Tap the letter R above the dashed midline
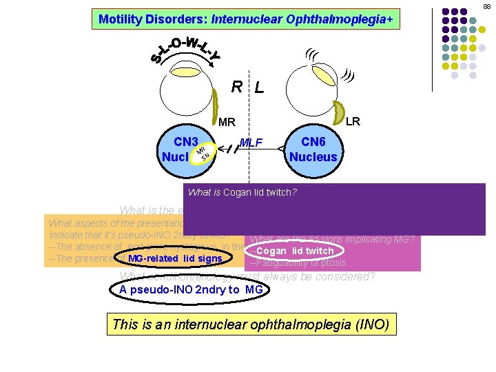(236, 87)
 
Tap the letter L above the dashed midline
(258, 87)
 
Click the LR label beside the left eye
(353, 121)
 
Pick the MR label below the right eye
(227, 123)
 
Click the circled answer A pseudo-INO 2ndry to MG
(189, 289)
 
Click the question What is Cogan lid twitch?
(242, 192)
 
